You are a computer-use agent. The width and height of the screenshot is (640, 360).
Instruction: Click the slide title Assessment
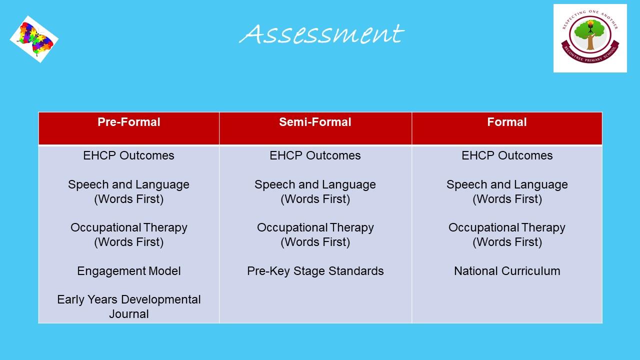pyautogui.click(x=321, y=34)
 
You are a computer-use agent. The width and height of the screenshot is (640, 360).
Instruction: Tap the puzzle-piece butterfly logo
pyautogui.click(x=34, y=39)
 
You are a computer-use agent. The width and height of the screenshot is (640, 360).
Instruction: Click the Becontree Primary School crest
pyautogui.click(x=590, y=38)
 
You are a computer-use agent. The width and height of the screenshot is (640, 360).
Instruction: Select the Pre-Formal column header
pyautogui.click(x=129, y=122)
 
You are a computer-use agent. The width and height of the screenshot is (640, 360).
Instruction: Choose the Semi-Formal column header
pyautogui.click(x=315, y=122)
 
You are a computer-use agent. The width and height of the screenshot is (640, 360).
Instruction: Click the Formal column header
pyautogui.click(x=507, y=122)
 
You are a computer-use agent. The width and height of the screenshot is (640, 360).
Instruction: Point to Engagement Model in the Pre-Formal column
pyautogui.click(x=129, y=271)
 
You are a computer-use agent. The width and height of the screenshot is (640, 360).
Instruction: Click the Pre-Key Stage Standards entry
pyautogui.click(x=315, y=271)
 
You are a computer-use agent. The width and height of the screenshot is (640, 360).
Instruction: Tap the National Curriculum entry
pyautogui.click(x=507, y=271)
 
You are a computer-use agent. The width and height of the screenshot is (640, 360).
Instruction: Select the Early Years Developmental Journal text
pyautogui.click(x=129, y=306)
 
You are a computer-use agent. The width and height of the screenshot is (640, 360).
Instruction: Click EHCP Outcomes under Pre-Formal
pyautogui.click(x=129, y=155)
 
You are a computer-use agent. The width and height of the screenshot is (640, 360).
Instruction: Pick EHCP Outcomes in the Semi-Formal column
pyautogui.click(x=315, y=155)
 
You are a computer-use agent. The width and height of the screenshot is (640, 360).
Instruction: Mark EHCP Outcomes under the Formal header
pyautogui.click(x=507, y=155)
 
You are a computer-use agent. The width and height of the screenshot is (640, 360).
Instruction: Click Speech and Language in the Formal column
pyautogui.click(x=507, y=184)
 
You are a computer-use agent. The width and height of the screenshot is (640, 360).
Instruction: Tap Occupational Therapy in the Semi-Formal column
pyautogui.click(x=315, y=227)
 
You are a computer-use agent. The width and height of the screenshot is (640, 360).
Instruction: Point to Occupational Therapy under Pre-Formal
pyautogui.click(x=129, y=227)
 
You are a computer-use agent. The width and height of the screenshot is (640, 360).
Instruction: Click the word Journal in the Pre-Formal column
pyautogui.click(x=129, y=314)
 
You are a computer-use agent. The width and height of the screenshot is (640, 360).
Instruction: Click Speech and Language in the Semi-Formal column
pyautogui.click(x=315, y=184)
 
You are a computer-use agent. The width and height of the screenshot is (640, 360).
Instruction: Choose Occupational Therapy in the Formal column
pyautogui.click(x=507, y=227)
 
